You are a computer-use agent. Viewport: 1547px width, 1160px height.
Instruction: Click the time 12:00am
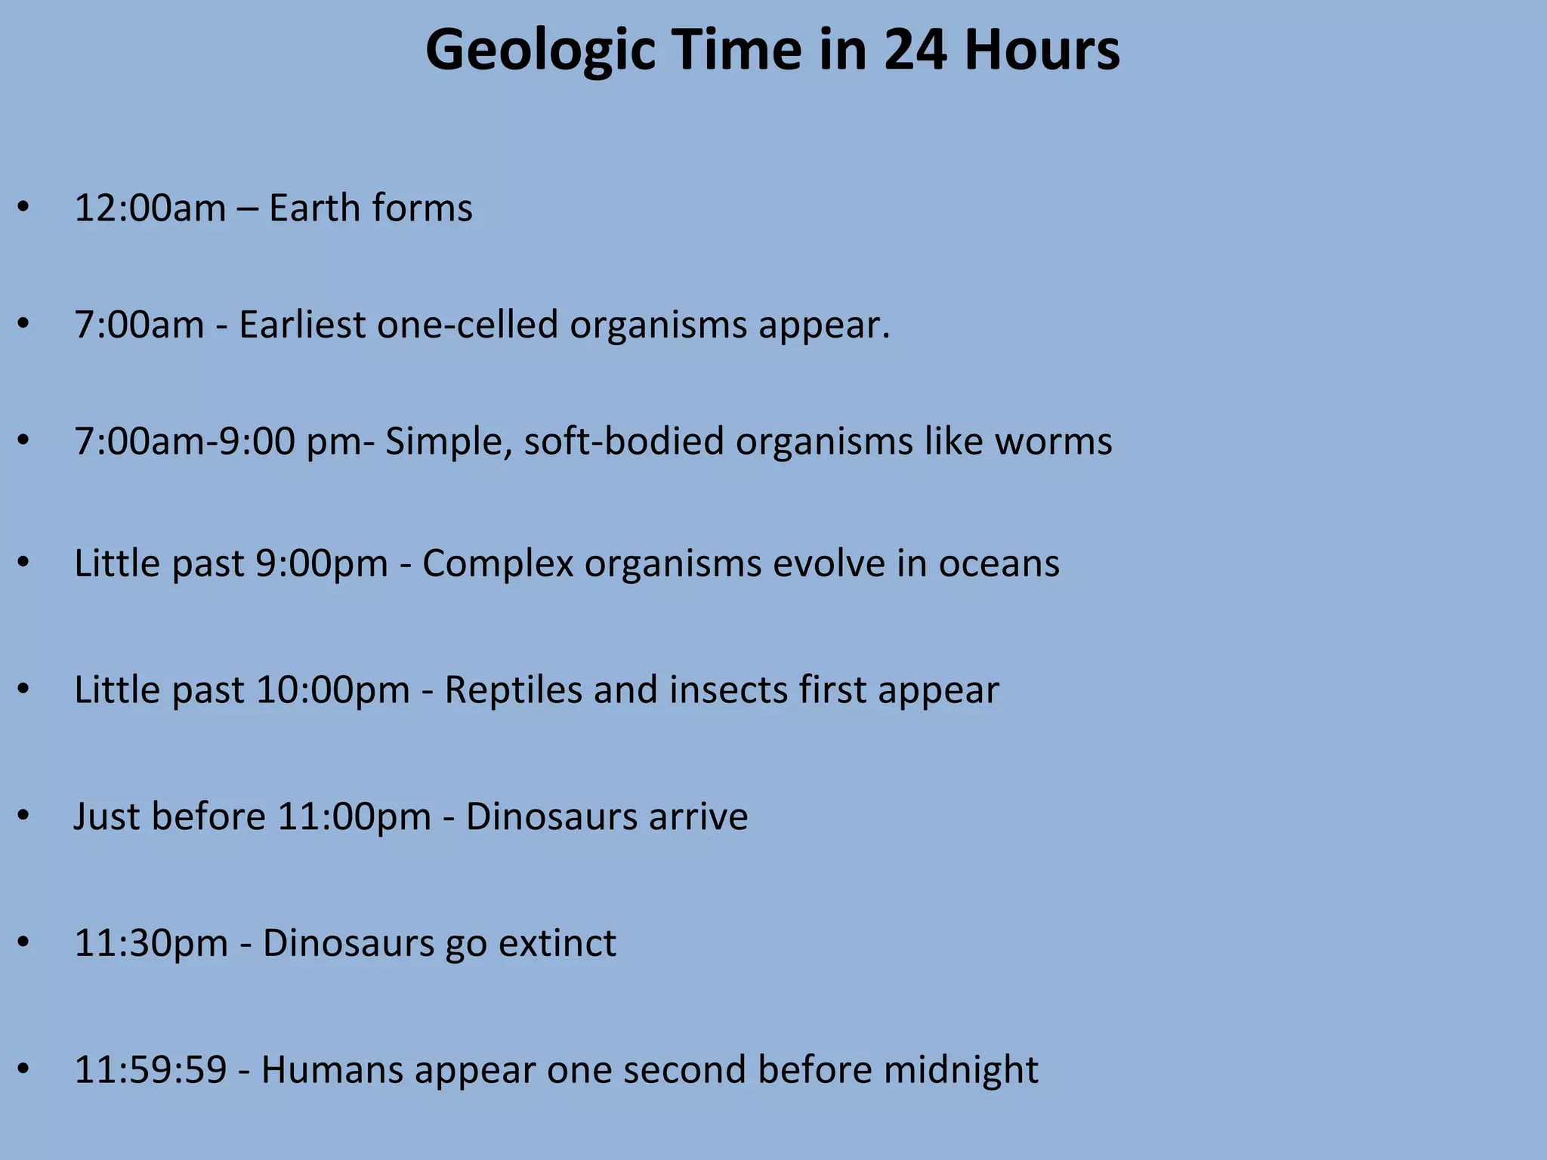tap(150, 208)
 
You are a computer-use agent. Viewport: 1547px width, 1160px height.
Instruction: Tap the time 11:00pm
tap(354, 816)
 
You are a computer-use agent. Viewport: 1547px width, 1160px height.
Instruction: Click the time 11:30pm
tap(151, 943)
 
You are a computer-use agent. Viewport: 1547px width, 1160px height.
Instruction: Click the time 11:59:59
tap(150, 1070)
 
